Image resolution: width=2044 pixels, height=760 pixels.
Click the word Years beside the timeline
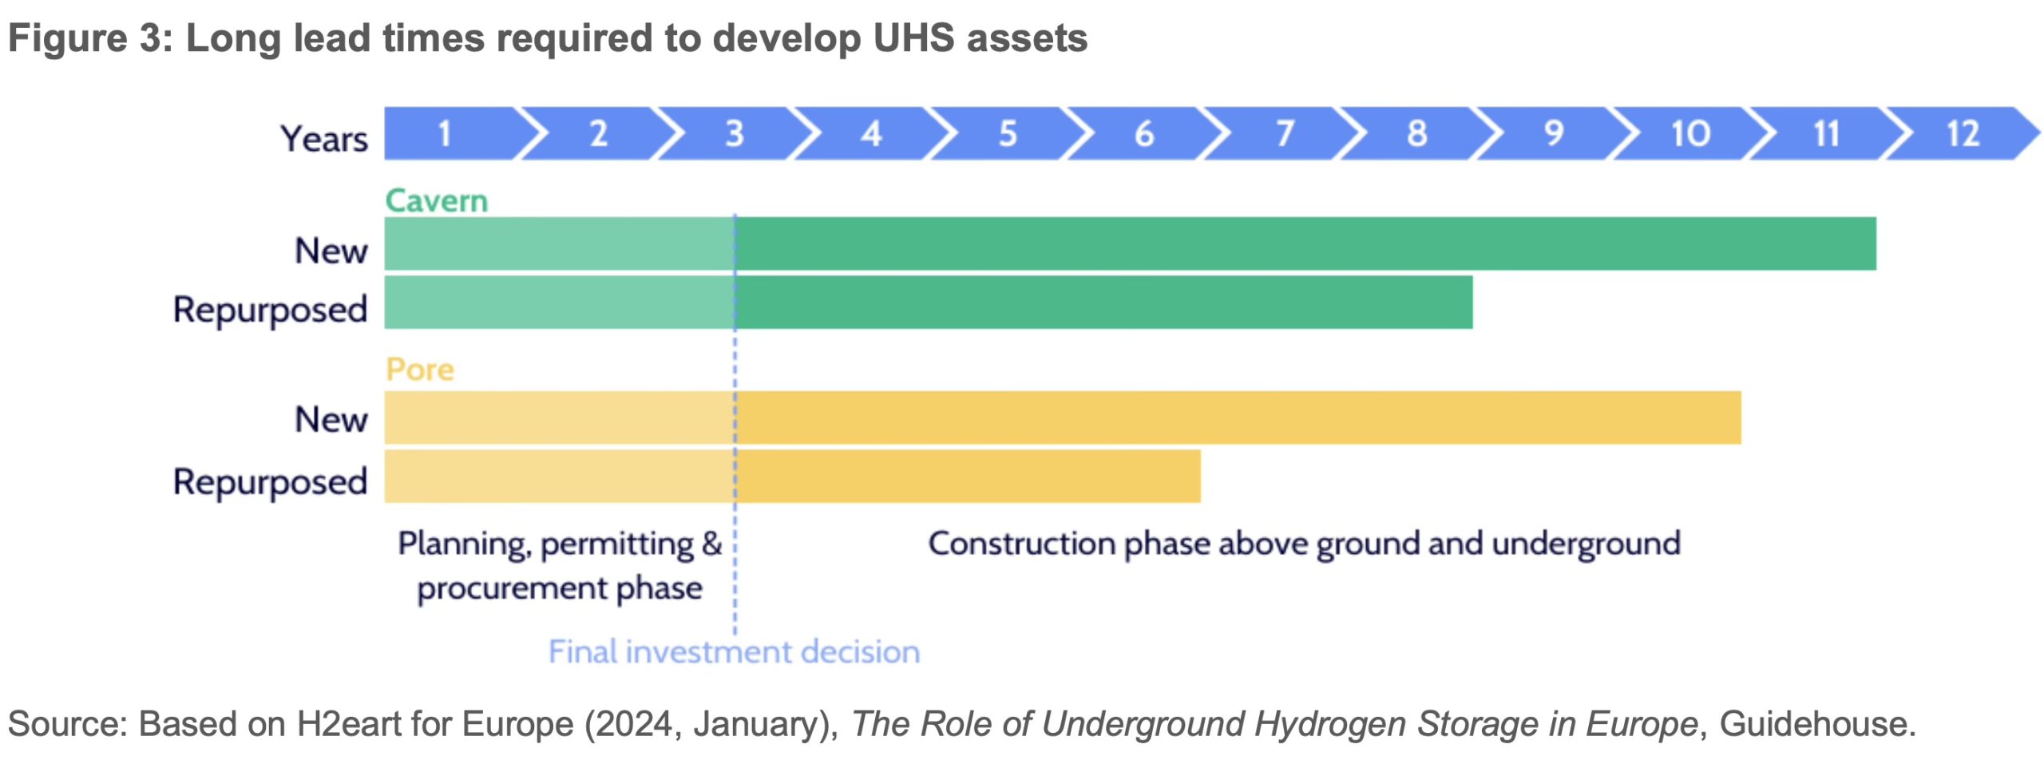coord(324,139)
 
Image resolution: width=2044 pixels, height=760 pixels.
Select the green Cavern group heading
coord(436,200)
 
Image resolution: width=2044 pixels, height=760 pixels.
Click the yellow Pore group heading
coord(420,370)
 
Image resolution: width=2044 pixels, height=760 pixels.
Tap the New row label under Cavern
coord(331,251)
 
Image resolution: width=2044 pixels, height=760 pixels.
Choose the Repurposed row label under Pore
coord(271,482)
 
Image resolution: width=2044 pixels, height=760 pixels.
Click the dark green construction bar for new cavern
coord(1305,243)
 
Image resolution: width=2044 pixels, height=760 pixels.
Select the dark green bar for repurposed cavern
coord(1103,303)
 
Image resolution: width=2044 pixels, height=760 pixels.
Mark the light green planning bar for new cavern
coord(560,243)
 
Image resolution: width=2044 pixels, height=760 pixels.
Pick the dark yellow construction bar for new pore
coord(1238,418)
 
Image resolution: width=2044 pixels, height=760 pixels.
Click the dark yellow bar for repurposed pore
coord(968,477)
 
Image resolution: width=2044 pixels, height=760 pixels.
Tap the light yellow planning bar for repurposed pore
coord(560,477)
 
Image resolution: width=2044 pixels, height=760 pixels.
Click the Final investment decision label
coord(734,652)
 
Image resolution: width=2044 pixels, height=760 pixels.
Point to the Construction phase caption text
coord(1304,544)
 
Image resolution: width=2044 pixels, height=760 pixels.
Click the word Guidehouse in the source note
coord(1817,724)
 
